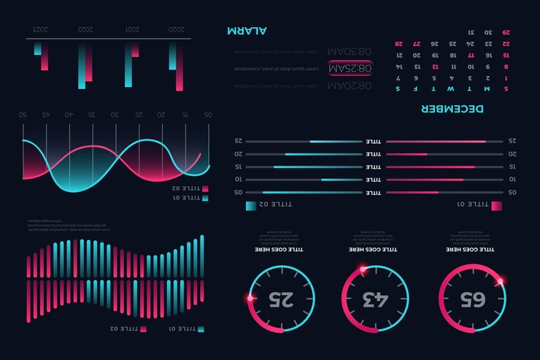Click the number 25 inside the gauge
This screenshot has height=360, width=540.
(281, 299)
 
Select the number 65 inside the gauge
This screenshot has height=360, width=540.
(471, 299)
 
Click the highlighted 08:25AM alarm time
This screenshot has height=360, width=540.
(350, 69)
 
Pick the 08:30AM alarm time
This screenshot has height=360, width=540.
(350, 52)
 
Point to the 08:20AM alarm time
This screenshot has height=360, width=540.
(350, 85)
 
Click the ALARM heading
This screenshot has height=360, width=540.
(247, 30)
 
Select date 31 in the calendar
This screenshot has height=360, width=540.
(470, 32)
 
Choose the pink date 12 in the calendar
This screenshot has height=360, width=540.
(435, 66)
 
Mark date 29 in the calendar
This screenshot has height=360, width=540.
(506, 32)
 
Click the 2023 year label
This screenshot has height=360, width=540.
(41, 30)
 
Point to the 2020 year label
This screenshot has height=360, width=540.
(177, 30)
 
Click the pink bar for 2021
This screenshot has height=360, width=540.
(135, 49)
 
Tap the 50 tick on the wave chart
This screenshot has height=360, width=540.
(23, 115)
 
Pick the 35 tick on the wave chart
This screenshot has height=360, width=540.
(92, 115)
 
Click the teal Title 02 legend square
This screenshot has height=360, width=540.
(251, 206)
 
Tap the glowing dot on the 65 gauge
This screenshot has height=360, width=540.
(501, 280)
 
